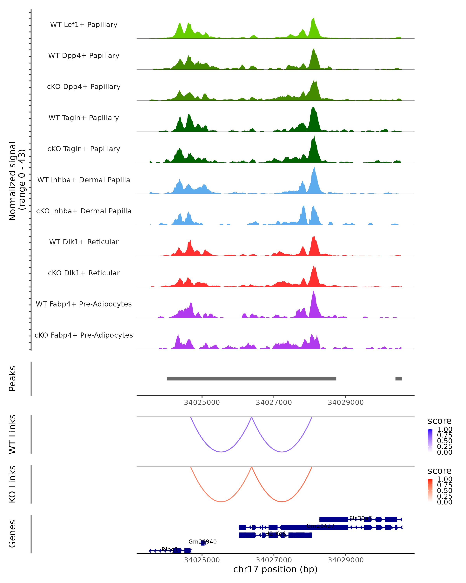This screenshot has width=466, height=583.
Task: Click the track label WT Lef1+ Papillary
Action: (x=84, y=25)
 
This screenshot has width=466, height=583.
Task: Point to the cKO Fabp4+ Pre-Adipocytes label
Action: (x=84, y=335)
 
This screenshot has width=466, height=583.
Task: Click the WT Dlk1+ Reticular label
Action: (x=84, y=242)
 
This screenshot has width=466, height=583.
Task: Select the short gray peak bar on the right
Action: (x=398, y=379)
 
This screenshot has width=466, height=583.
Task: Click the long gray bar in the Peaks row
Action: (x=251, y=379)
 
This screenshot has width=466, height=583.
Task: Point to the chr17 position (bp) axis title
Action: (x=275, y=569)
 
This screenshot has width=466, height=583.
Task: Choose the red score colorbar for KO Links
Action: (x=430, y=490)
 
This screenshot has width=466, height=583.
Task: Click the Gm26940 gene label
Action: (x=202, y=542)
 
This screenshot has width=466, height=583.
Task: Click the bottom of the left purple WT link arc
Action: (x=221, y=452)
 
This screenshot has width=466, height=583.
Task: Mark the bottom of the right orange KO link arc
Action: (x=282, y=502)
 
